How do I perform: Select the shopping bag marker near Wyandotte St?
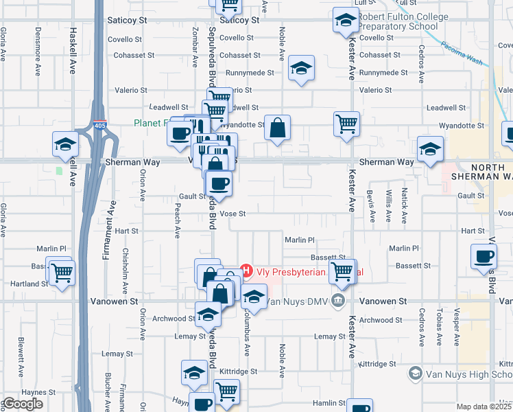pos(277,128)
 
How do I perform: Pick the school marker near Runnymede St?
pos(301,69)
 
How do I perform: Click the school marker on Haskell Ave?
pos(65,145)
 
